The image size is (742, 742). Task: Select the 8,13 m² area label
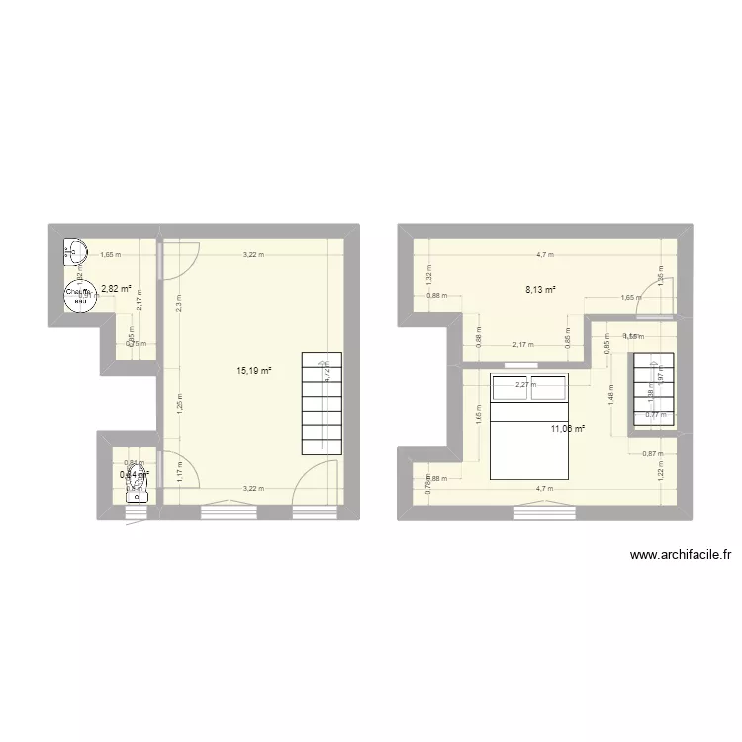tap(539, 290)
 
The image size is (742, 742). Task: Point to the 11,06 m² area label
tap(568, 428)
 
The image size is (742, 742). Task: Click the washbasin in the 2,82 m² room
tap(74, 251)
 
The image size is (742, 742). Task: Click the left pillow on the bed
tap(510, 388)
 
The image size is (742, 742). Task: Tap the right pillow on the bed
tap(550, 388)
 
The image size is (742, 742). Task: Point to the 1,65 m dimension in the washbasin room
tap(111, 255)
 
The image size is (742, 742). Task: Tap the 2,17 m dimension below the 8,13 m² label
tap(523, 345)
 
